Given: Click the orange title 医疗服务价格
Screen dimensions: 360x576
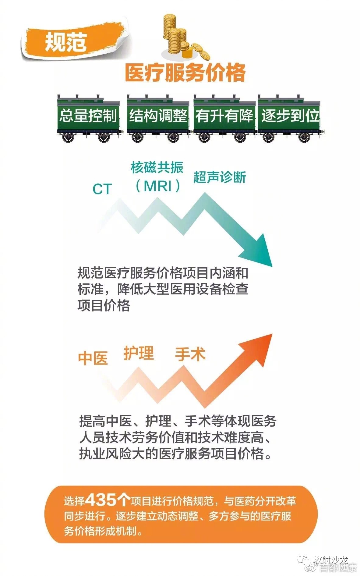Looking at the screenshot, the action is coord(185,73).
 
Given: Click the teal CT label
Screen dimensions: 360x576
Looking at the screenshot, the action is coord(102,189).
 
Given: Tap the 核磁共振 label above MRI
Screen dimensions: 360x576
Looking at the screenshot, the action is coord(157,168).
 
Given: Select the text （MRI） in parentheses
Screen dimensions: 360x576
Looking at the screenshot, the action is coord(158,186).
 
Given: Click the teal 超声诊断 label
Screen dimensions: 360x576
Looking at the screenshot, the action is coord(220,177).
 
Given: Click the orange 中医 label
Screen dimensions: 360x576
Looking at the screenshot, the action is coord(93,358).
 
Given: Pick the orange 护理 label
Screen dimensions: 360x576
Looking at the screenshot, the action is coord(139,353).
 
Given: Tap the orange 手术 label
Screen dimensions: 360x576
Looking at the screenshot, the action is coord(190,354).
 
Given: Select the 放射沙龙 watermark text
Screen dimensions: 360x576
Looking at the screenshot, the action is coord(330,559).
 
